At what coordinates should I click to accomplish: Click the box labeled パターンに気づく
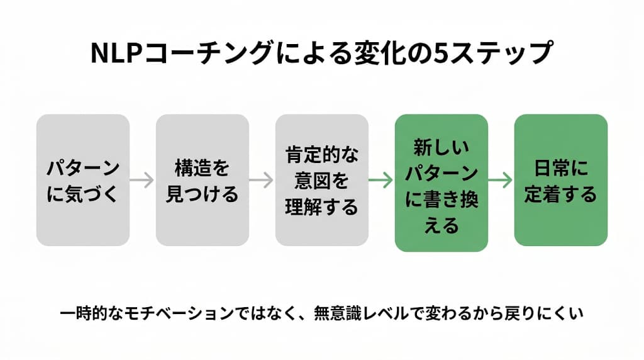[x=83, y=180]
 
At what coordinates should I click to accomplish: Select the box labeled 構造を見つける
[x=203, y=180]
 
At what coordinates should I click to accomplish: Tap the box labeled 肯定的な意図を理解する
[x=321, y=180]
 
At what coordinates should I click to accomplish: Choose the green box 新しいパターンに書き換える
[x=441, y=183]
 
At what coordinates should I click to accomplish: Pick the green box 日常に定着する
[x=561, y=180]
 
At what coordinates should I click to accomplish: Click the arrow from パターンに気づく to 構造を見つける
[x=143, y=180]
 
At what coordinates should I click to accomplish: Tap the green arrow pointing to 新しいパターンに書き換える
[x=381, y=180]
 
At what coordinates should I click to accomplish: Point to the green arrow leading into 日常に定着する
[x=501, y=180]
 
